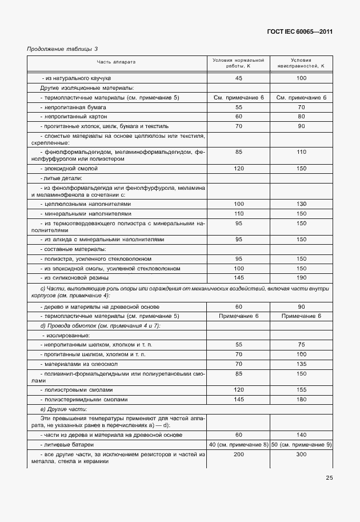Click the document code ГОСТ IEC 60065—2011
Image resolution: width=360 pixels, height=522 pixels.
(x=299, y=32)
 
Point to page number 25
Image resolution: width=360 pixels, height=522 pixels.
(x=329, y=478)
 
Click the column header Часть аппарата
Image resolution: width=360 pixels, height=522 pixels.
(x=116, y=62)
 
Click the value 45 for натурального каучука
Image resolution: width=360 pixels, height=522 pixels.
(x=238, y=78)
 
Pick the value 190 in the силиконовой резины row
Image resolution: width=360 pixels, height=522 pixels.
(x=301, y=277)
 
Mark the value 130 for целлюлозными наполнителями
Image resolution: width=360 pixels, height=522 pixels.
(x=301, y=204)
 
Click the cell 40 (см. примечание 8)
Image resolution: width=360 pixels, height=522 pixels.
(x=238, y=444)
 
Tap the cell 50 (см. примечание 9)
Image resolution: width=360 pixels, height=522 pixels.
(x=301, y=444)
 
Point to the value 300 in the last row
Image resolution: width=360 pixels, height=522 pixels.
(x=301, y=454)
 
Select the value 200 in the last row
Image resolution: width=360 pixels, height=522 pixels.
(x=238, y=454)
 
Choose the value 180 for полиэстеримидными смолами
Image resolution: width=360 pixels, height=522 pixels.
(x=301, y=399)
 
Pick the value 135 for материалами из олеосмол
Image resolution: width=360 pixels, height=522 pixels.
(x=301, y=364)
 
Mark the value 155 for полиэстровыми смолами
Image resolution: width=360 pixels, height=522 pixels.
(x=301, y=389)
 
